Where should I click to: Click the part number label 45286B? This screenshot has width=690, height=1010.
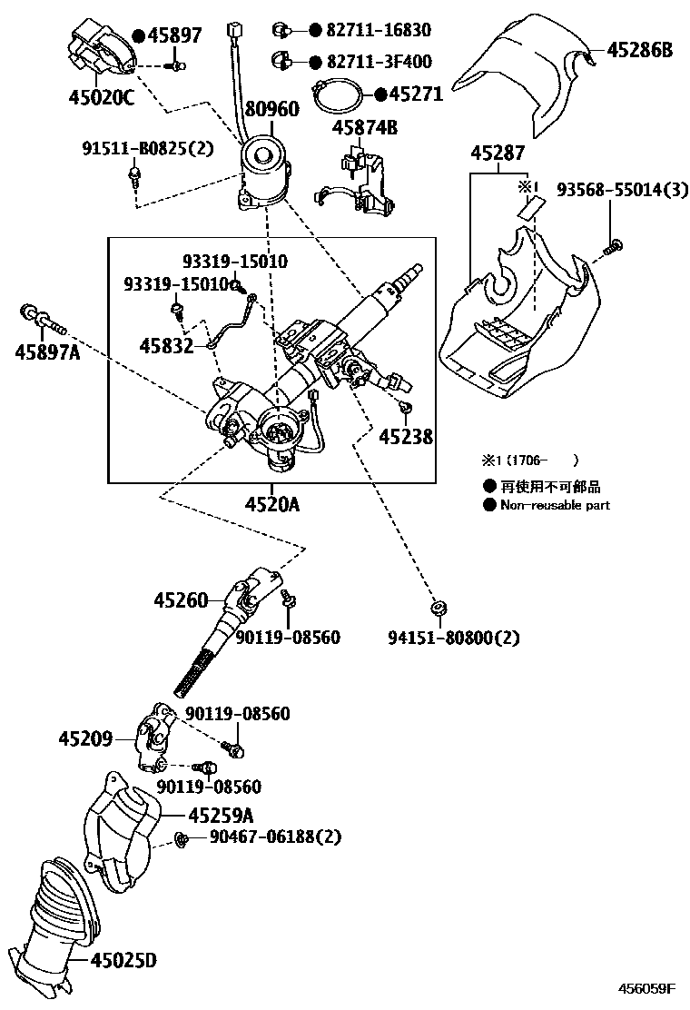pyautogui.click(x=639, y=51)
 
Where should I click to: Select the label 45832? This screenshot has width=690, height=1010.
pyautogui.click(x=166, y=346)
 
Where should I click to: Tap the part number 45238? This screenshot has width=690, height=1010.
pyautogui.click(x=405, y=436)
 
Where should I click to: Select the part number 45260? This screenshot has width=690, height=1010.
pyautogui.click(x=181, y=599)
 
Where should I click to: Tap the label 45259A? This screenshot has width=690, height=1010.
pyautogui.click(x=221, y=816)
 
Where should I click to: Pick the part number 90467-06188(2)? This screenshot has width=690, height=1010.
pyautogui.click(x=262, y=837)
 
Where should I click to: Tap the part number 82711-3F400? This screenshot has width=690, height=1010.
pyautogui.click(x=370, y=62)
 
